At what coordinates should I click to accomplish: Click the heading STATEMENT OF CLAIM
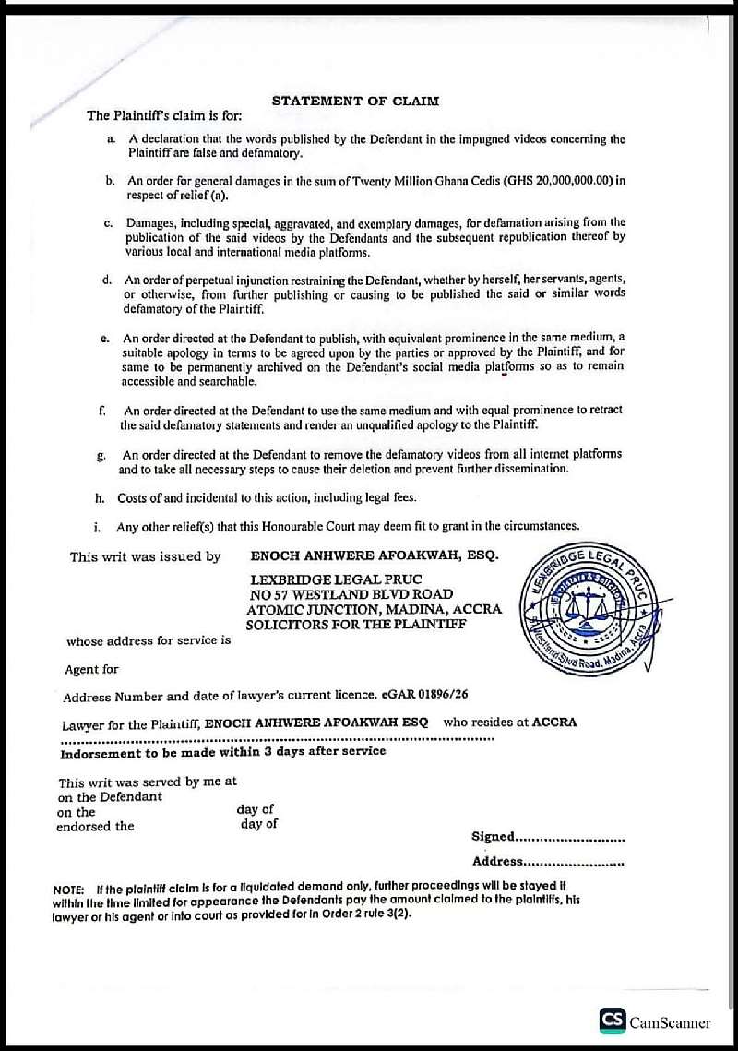pyautogui.click(x=355, y=101)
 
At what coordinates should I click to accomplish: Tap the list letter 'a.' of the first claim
pyautogui.click(x=111, y=139)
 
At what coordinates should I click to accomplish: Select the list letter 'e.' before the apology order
pyautogui.click(x=106, y=340)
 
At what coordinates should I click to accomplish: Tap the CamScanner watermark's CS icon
pyautogui.click(x=612, y=1020)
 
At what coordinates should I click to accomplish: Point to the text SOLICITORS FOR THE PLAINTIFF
pyautogui.click(x=356, y=625)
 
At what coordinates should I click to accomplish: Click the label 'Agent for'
pyautogui.click(x=91, y=669)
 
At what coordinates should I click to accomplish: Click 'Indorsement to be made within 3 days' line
pyautogui.click(x=222, y=752)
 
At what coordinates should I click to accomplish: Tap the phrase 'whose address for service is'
pyautogui.click(x=149, y=640)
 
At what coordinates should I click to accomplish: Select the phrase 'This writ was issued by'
pyautogui.click(x=146, y=556)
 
